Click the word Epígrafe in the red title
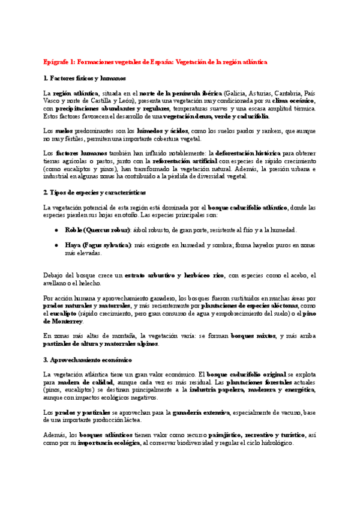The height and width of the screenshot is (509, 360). coord(56,62)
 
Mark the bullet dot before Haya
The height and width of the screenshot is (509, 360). coord(56,245)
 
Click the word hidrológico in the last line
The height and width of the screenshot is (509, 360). coord(273,443)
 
